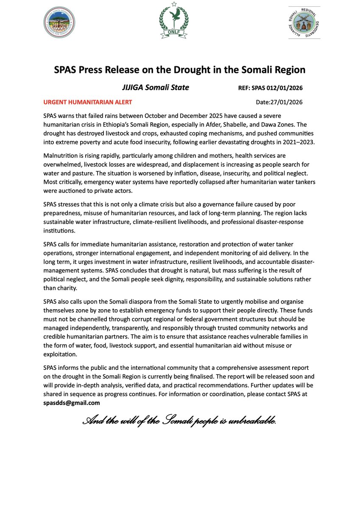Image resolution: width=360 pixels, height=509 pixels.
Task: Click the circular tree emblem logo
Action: (x=60, y=22)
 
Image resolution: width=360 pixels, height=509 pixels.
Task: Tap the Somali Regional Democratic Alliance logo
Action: (x=304, y=22)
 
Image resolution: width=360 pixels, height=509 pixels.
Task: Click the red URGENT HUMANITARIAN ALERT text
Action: (x=87, y=102)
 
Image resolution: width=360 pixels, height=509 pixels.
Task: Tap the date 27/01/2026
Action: (x=287, y=102)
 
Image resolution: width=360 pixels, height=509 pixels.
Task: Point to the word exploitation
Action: (x=60, y=354)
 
